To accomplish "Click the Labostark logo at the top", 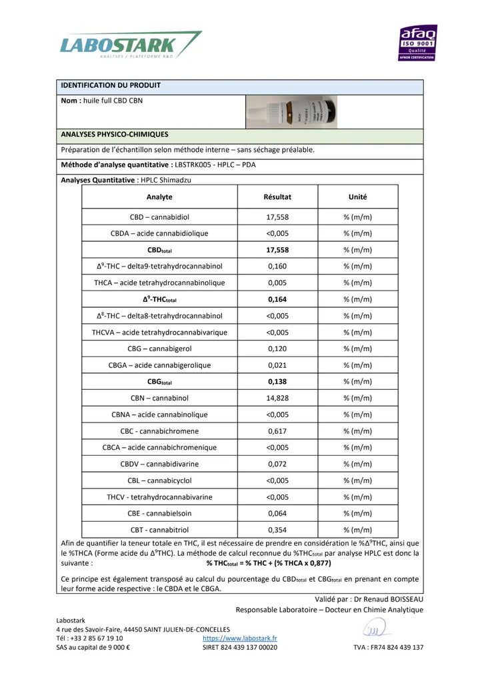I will (x=130, y=45).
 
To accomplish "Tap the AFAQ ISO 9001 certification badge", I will (x=418, y=43).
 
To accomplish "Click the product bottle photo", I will (x=291, y=111).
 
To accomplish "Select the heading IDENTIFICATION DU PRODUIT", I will (x=111, y=85).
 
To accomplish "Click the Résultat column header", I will (x=277, y=197).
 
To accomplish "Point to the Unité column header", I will (x=357, y=197).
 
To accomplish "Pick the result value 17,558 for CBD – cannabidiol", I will (x=277, y=217).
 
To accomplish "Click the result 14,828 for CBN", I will (x=277, y=398).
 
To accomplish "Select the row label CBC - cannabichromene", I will (x=159, y=431).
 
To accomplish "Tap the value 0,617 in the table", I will (x=277, y=431).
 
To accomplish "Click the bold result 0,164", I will (x=277, y=300).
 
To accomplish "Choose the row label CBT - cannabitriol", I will (x=159, y=530).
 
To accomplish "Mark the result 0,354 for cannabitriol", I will (x=277, y=530).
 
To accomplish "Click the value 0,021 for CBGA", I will (x=277, y=365).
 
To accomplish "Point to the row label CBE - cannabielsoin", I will (x=159, y=514).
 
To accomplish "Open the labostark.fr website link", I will (x=240, y=638).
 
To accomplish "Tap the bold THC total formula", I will (x=268, y=563).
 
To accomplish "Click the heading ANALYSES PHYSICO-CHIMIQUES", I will (x=114, y=135).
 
